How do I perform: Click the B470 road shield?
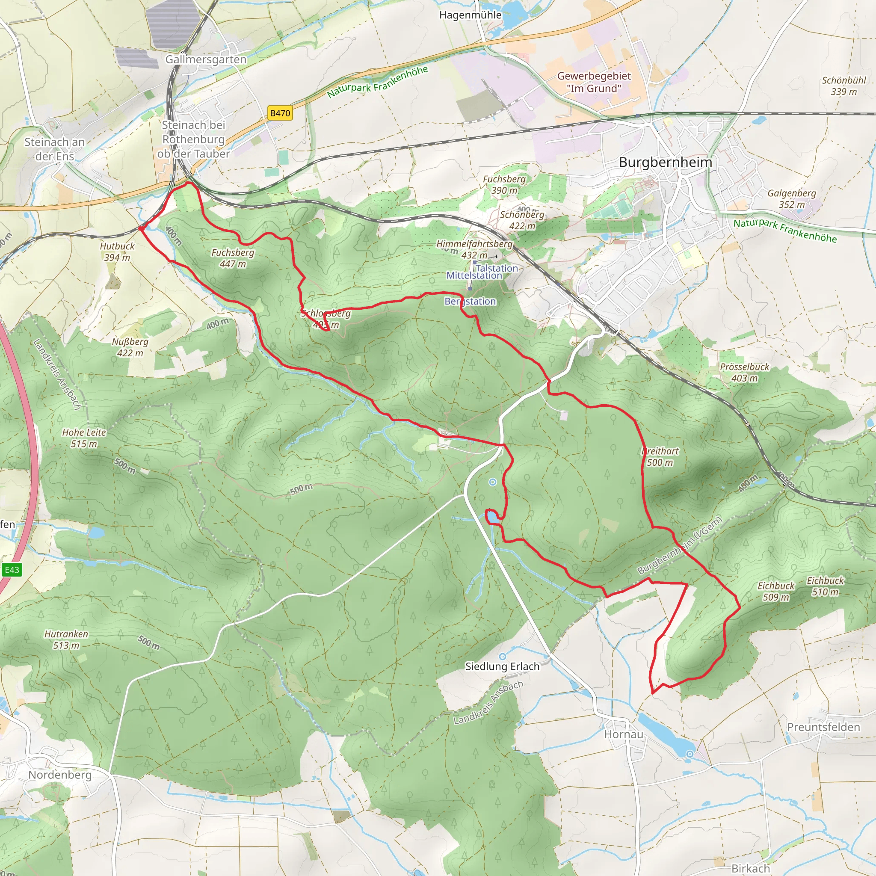(x=280, y=113)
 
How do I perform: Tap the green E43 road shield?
(x=12, y=570)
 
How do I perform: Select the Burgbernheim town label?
(x=665, y=162)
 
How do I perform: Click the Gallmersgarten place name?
(x=205, y=59)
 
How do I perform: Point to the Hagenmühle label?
(x=470, y=15)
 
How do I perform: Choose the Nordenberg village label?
(x=60, y=775)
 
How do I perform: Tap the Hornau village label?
(x=624, y=734)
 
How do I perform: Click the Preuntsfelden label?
(x=823, y=727)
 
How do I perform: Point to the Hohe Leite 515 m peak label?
(x=84, y=438)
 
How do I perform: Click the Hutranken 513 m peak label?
(x=66, y=640)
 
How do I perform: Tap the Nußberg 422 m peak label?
(x=130, y=347)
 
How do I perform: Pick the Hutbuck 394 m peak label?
(x=117, y=252)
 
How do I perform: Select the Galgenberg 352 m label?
(x=792, y=198)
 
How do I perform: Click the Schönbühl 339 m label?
(x=844, y=86)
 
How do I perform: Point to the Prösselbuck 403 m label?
(x=745, y=372)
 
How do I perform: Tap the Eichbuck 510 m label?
(x=825, y=586)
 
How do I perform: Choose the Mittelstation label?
(x=474, y=275)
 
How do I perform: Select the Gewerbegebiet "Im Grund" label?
(x=594, y=82)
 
